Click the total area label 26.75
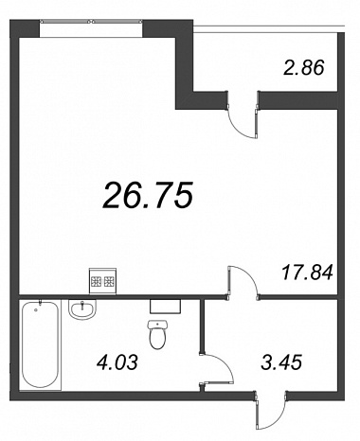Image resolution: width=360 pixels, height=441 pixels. click(x=148, y=196)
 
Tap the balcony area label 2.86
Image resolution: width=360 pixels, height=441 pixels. click(x=304, y=68)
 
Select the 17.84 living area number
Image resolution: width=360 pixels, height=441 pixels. click(x=307, y=273)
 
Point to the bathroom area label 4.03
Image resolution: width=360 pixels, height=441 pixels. click(x=117, y=362)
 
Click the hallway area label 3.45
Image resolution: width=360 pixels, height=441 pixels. click(x=281, y=362)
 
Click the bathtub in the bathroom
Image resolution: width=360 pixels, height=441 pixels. click(x=41, y=344)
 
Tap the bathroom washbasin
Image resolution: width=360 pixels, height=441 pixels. click(x=82, y=309)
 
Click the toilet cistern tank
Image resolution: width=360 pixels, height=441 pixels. click(x=157, y=325)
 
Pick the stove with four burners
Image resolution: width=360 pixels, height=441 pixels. click(x=102, y=281)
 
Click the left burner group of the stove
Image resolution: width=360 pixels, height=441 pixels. click(x=96, y=281)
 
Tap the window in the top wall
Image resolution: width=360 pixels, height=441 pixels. click(x=91, y=22)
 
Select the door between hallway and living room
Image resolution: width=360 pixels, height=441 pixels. click(x=243, y=281)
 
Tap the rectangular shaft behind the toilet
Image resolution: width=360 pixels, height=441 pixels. click(x=165, y=306)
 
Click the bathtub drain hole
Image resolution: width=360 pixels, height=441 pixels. click(x=35, y=310)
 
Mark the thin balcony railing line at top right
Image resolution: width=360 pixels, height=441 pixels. click(x=269, y=26)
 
